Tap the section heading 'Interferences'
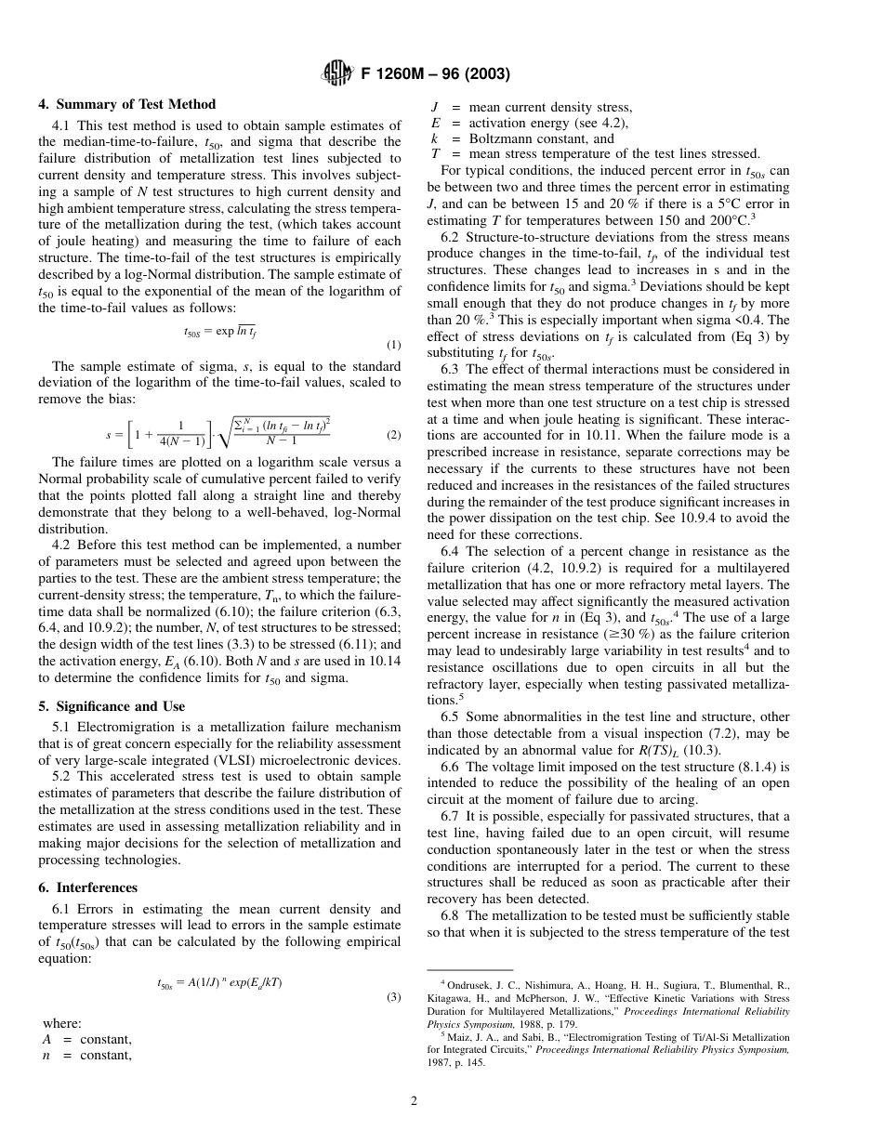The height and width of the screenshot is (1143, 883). pos(96,887)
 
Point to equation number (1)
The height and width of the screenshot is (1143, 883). pos(394,345)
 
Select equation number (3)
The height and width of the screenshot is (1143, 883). pos(394,998)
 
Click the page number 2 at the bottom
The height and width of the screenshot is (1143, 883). pos(415,1102)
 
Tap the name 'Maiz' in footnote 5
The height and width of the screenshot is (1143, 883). pos(464,1037)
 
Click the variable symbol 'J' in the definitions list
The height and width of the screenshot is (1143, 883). pos(435,107)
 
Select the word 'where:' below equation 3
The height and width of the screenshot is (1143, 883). pos(63,1022)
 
